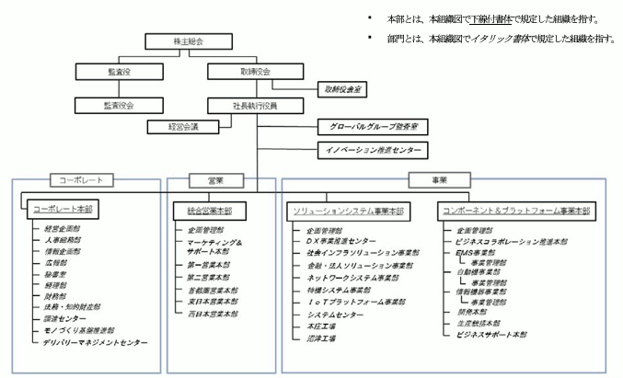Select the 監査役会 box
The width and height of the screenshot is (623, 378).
(x=119, y=105)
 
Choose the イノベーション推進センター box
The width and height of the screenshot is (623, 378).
(x=371, y=148)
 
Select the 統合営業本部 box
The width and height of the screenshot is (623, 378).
(x=203, y=209)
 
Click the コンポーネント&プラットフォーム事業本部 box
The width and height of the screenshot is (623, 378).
(x=515, y=210)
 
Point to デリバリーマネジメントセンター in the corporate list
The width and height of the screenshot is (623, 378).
(x=96, y=341)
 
